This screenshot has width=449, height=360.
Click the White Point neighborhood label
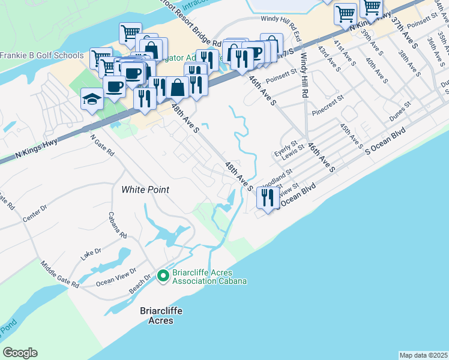point(145,190)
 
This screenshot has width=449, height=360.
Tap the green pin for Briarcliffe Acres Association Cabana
point(162,276)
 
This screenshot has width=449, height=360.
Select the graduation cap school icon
point(91,98)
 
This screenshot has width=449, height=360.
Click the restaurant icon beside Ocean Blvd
point(268,198)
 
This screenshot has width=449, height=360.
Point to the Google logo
point(20,353)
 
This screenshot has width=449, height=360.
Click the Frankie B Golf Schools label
point(42,56)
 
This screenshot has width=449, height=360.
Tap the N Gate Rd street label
point(102,145)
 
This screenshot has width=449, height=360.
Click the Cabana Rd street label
point(118,225)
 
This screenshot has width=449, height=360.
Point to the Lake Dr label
point(91,254)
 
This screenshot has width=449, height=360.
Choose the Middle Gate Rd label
point(59,274)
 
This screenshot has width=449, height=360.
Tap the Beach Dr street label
point(140,284)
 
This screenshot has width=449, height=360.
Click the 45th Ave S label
point(351,136)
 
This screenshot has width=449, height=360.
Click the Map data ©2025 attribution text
point(423,355)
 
